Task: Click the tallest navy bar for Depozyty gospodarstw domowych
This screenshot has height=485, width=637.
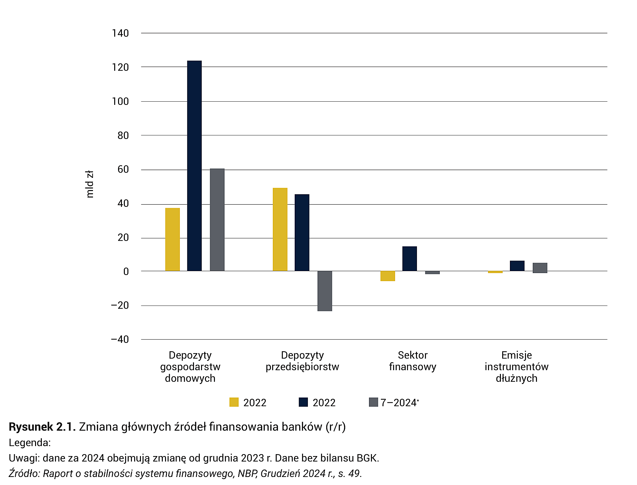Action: click(194, 166)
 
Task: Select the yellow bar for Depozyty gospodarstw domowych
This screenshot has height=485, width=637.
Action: click(172, 240)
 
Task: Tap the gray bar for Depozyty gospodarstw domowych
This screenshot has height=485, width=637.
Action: click(217, 220)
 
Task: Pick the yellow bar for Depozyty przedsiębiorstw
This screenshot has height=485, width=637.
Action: click(280, 229)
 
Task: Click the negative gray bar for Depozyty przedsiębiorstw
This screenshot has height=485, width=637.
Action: click(325, 291)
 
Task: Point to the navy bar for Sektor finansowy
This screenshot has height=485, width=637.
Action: click(410, 259)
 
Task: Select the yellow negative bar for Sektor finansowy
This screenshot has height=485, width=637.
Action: click(388, 276)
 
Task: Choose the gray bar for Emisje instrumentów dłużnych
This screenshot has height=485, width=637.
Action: click(540, 268)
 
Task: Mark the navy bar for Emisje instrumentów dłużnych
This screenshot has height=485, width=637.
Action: click(517, 266)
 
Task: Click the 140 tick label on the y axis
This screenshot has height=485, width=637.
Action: click(120, 33)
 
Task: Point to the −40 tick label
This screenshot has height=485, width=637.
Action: click(120, 339)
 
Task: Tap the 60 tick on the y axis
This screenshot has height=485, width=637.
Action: click(123, 169)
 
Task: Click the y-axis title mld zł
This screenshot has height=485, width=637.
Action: click(90, 184)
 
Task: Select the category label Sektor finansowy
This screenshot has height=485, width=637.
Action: click(412, 361)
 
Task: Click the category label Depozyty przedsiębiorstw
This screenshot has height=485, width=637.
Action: click(302, 361)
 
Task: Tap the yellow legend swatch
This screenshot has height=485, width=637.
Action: click(234, 402)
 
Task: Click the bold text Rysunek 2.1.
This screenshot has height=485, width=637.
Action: click(42, 427)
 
